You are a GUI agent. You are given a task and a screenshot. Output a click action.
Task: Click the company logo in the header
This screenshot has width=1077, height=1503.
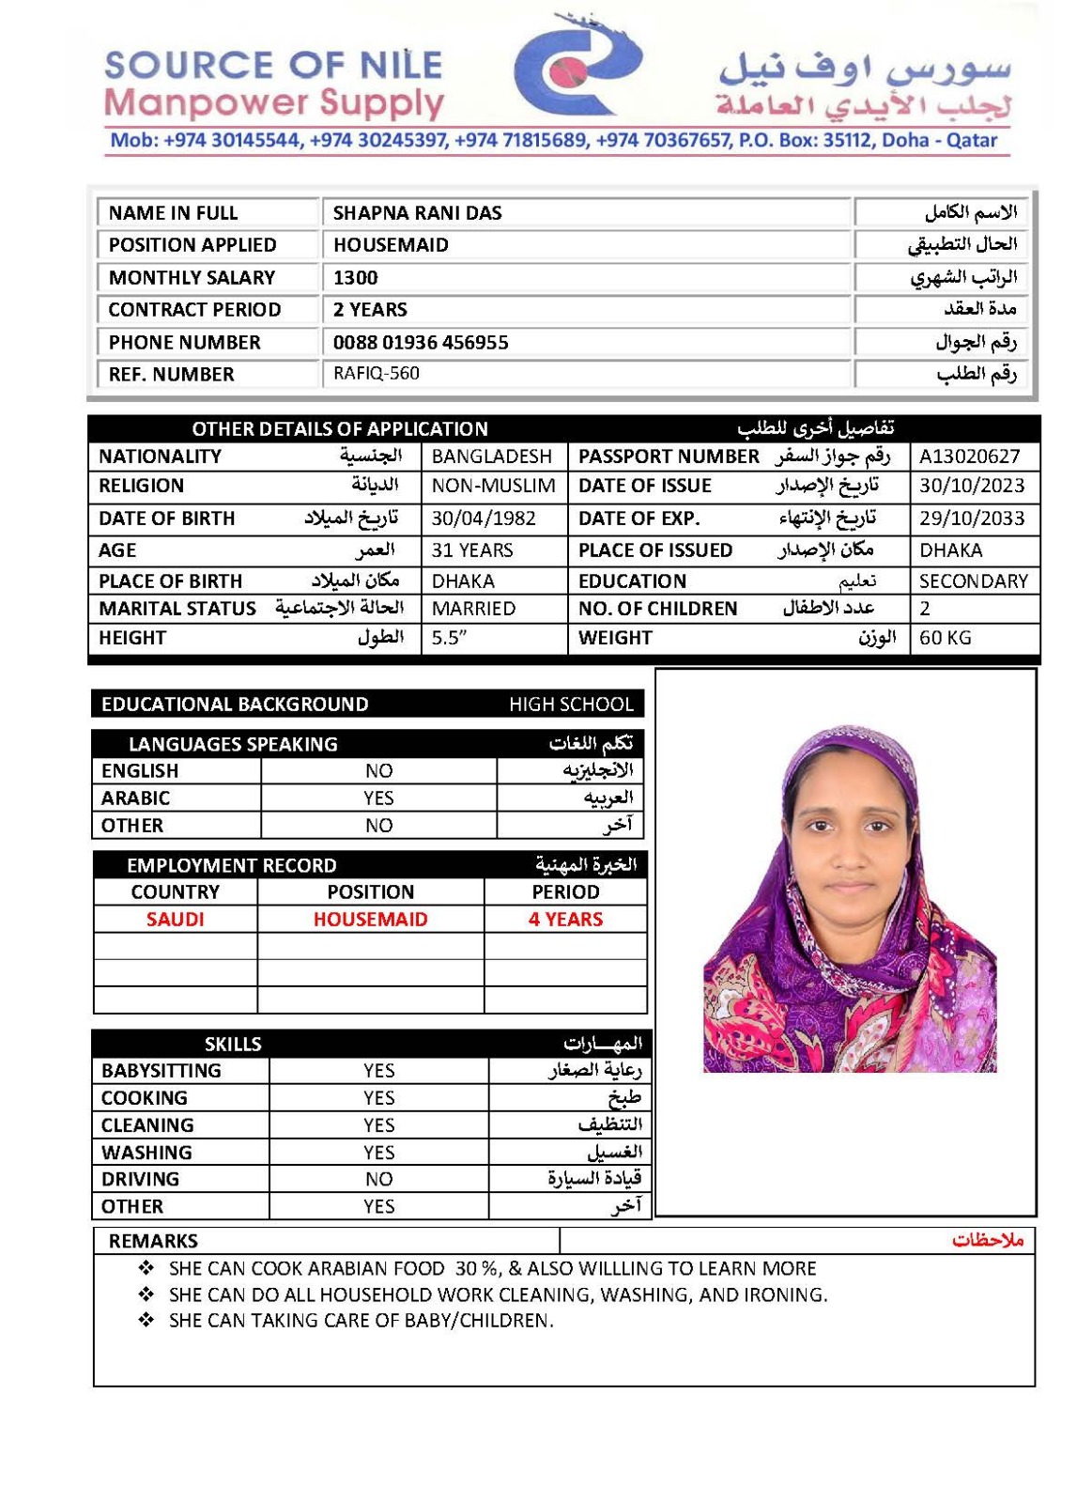click(577, 68)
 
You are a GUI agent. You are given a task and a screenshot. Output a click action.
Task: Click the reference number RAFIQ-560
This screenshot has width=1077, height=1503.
click(376, 373)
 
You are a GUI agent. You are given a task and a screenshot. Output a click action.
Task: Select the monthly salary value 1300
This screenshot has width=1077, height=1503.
click(355, 277)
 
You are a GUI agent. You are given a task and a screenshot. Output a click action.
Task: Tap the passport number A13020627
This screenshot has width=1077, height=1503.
click(969, 457)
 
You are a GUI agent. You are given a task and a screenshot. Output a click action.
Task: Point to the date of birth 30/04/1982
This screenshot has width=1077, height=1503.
click(484, 518)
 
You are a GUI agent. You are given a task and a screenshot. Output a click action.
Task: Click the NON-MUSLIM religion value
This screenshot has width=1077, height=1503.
click(493, 486)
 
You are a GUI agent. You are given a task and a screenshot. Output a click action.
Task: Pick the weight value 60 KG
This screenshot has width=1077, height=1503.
click(945, 638)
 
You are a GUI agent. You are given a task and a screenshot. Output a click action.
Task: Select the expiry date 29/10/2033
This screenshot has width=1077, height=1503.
click(972, 518)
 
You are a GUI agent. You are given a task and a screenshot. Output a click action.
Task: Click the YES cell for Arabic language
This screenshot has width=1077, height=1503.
click(378, 798)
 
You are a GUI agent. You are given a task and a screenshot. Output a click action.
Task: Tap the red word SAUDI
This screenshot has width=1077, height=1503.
click(175, 919)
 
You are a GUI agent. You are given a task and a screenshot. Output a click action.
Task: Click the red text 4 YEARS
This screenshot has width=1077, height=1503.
click(565, 919)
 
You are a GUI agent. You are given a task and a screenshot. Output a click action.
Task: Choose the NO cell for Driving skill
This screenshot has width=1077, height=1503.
click(378, 1179)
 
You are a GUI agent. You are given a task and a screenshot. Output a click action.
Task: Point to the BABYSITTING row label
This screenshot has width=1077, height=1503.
click(162, 1070)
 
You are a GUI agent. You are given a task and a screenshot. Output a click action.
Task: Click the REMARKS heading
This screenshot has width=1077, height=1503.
click(153, 1241)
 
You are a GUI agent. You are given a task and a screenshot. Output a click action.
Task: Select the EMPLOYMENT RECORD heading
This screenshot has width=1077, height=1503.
click(231, 865)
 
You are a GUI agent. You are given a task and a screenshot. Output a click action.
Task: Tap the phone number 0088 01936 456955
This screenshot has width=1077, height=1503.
click(421, 342)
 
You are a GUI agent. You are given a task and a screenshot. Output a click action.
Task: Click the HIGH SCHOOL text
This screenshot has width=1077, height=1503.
click(571, 704)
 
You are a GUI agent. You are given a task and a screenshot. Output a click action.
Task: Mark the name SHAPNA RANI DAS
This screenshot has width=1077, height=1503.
click(417, 213)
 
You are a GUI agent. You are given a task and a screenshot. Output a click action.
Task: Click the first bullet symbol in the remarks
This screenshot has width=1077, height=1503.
click(146, 1268)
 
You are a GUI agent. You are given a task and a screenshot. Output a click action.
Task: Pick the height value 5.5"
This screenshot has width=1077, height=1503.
click(449, 638)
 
